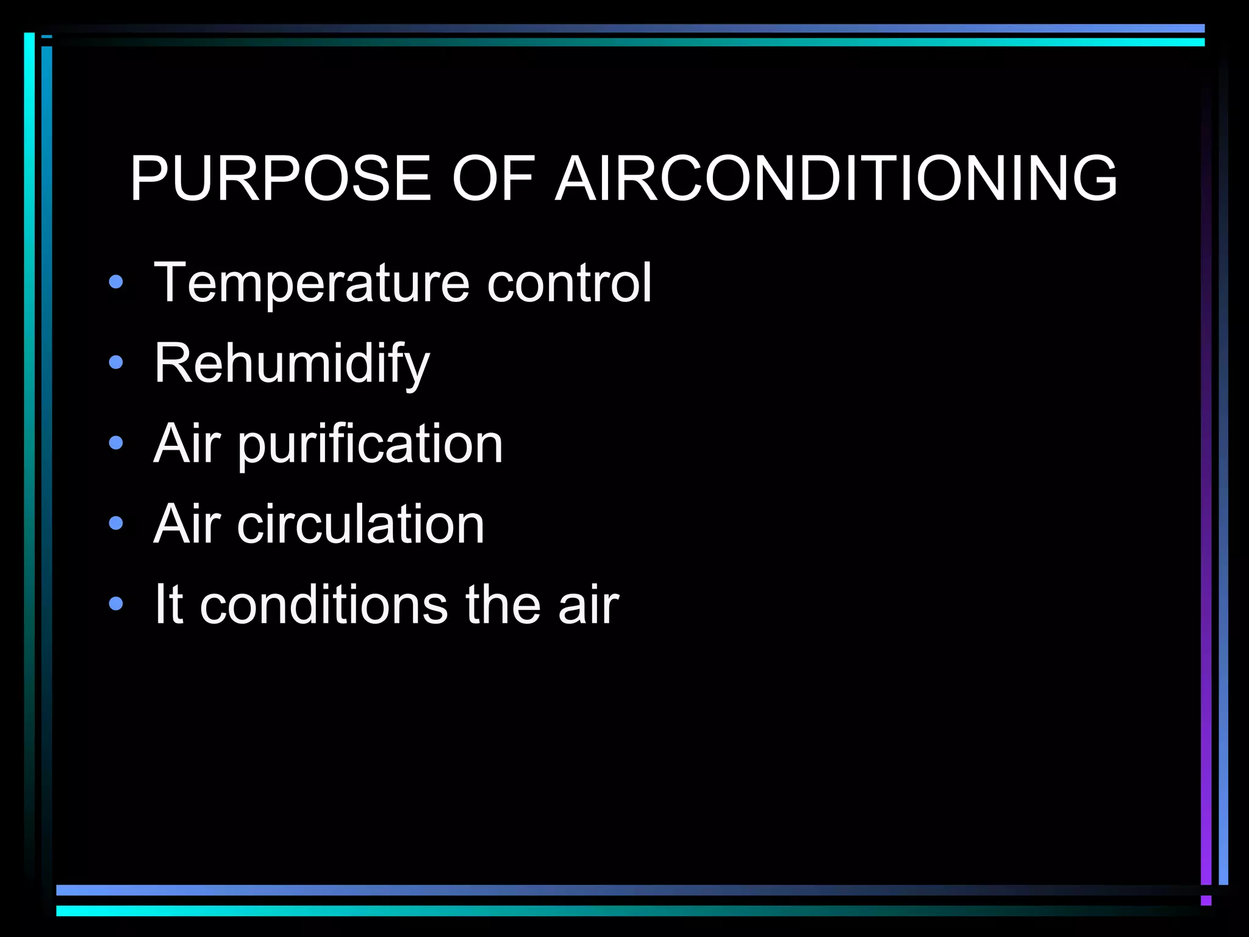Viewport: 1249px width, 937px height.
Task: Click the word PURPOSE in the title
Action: pyautogui.click(x=281, y=178)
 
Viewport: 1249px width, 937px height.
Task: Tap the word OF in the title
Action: pyautogui.click(x=493, y=178)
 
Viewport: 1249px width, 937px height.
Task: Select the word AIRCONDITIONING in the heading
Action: pyautogui.click(x=836, y=178)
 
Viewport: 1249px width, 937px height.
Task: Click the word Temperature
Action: pyautogui.click(x=311, y=283)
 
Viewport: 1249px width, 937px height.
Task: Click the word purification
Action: pyautogui.click(x=370, y=443)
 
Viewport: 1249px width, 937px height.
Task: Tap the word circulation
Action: pyautogui.click(x=360, y=524)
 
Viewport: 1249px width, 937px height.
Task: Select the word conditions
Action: pyautogui.click(x=324, y=605)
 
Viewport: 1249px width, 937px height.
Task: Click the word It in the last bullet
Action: pyautogui.click(x=168, y=605)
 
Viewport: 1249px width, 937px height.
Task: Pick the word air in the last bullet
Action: pyautogui.click(x=589, y=605)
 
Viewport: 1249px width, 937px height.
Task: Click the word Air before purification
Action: pyautogui.click(x=187, y=443)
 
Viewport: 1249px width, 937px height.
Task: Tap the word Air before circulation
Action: pyautogui.click(x=187, y=524)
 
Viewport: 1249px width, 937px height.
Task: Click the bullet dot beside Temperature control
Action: pyautogui.click(x=115, y=282)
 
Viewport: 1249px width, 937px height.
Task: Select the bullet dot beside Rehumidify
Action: pyautogui.click(x=115, y=363)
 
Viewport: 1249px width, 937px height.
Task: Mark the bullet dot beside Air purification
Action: pyautogui.click(x=115, y=443)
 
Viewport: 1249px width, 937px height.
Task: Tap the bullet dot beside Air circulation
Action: pyautogui.click(x=115, y=523)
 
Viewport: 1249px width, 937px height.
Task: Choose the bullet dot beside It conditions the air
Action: pyautogui.click(x=115, y=604)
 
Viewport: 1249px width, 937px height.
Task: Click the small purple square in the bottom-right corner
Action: pyautogui.click(x=1206, y=900)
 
